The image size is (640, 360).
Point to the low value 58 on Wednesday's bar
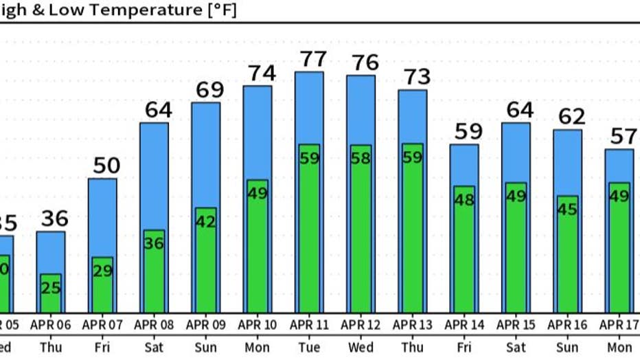361,158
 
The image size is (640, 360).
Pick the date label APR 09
205,324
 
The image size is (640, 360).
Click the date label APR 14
465,324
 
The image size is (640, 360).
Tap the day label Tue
309,348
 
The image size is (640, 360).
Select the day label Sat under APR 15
516,348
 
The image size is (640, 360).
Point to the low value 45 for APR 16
567,210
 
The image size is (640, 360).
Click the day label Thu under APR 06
50,348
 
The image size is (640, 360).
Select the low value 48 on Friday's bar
464,201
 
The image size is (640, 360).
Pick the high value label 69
205,89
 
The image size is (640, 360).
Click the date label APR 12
361,324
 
